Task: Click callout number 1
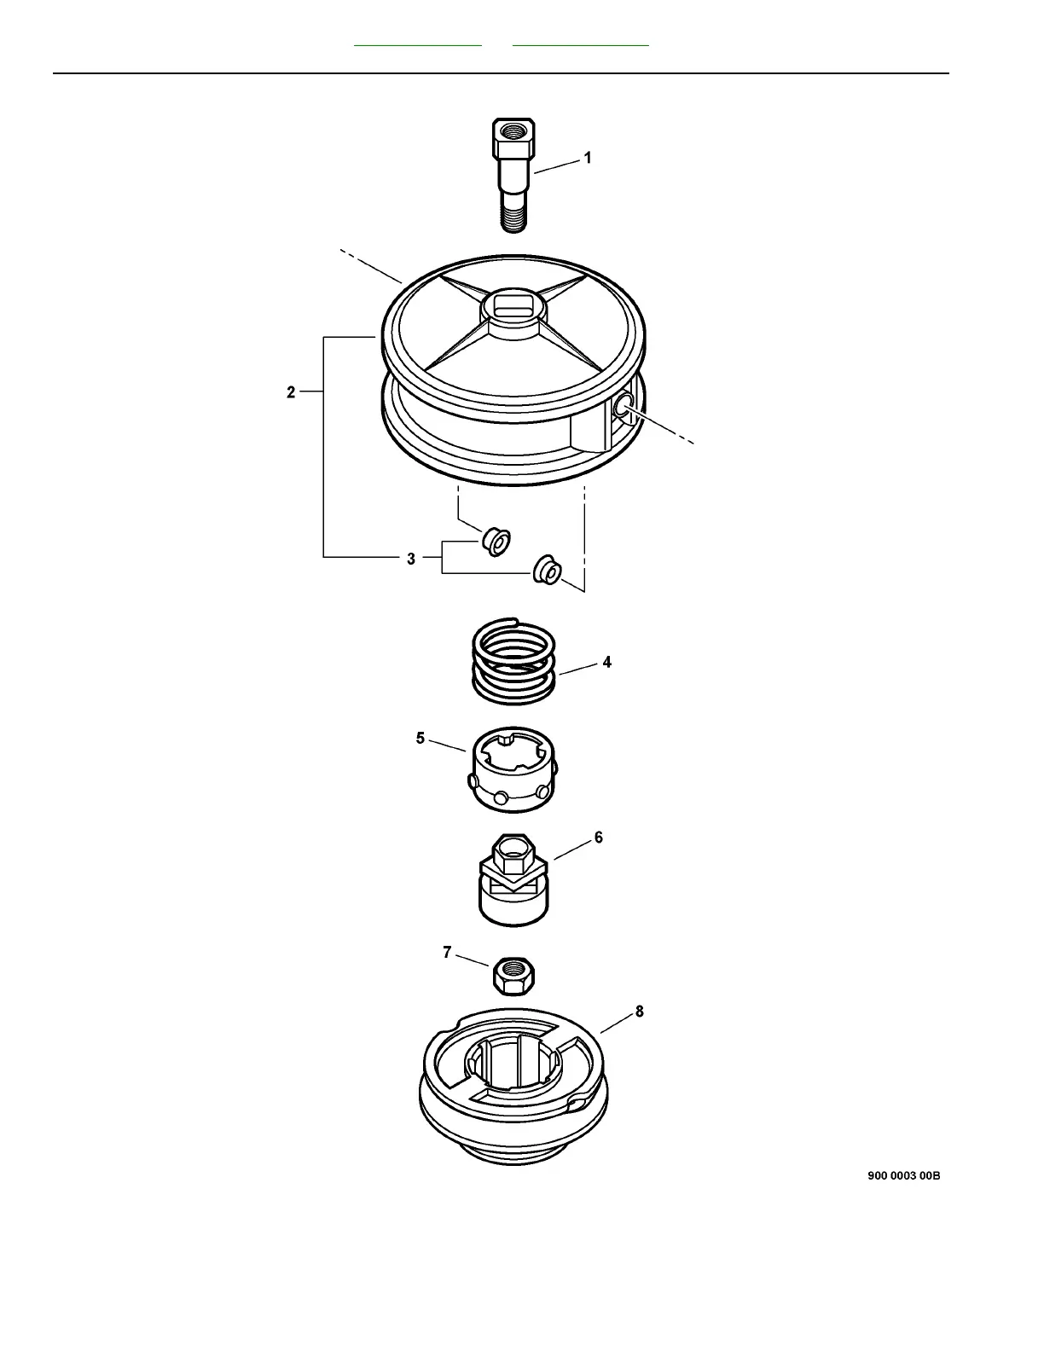(587, 158)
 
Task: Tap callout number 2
(291, 392)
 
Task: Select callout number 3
(411, 559)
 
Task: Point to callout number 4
(606, 662)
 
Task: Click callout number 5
(420, 738)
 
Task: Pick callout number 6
(599, 838)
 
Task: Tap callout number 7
(447, 952)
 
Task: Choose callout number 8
(639, 1012)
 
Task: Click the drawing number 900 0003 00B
(903, 1175)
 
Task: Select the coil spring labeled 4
(513, 661)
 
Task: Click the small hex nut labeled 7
(513, 973)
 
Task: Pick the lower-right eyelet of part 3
(546, 570)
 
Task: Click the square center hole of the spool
(512, 306)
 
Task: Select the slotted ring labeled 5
(512, 766)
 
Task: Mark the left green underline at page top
(418, 43)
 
